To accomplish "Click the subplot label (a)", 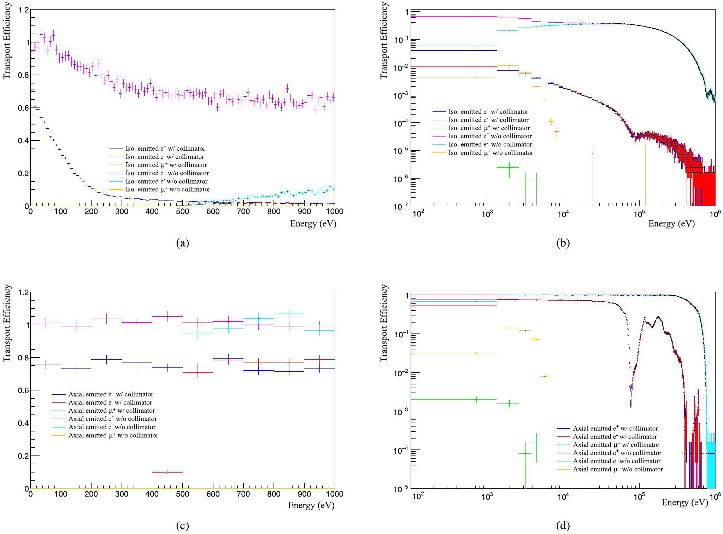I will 182,243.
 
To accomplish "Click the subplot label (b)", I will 563,243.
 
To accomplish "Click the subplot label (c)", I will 182,526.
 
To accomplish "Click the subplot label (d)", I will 563,526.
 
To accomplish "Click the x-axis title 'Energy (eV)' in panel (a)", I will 313,224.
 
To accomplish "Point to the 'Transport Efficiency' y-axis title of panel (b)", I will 384,41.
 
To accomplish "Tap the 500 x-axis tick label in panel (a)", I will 182,211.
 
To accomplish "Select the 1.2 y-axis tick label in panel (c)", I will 23,292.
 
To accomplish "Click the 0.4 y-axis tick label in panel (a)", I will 23,141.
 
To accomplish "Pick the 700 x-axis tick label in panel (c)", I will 243,494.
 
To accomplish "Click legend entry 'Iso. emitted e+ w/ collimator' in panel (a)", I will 165,149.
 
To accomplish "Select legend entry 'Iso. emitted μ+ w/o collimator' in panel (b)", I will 490,153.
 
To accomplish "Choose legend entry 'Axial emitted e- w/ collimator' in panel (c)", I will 110,402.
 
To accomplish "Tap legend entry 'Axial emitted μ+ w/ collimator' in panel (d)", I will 616,445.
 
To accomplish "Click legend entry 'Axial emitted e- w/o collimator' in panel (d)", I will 616,461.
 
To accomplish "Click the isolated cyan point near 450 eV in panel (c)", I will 167,471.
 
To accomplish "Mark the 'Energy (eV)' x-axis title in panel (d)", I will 684,503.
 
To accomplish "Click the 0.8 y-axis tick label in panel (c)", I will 23,358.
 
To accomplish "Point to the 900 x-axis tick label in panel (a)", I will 304,211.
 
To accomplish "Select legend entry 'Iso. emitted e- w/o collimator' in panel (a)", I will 166,181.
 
